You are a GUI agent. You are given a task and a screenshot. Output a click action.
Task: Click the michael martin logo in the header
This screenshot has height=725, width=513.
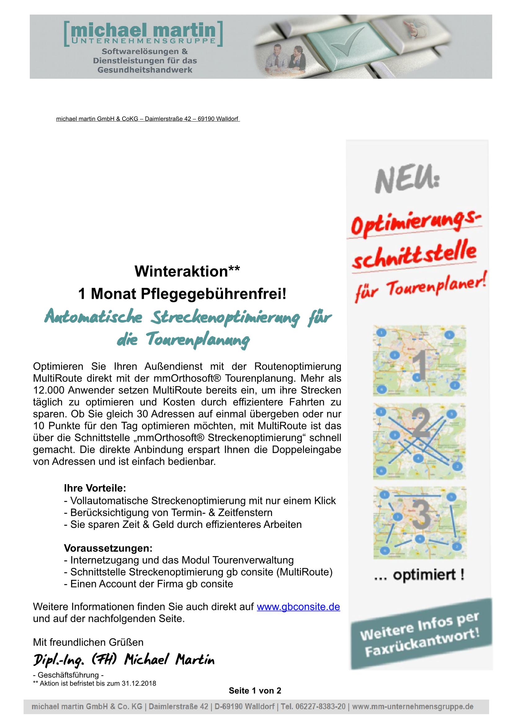click(143, 33)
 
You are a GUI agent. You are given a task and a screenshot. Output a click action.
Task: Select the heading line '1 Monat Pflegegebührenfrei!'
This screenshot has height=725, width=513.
click(182, 294)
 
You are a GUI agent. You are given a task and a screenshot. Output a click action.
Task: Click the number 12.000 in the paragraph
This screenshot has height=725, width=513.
click(49, 390)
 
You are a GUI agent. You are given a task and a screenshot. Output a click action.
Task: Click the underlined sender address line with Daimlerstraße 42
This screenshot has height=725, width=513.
click(148, 119)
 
